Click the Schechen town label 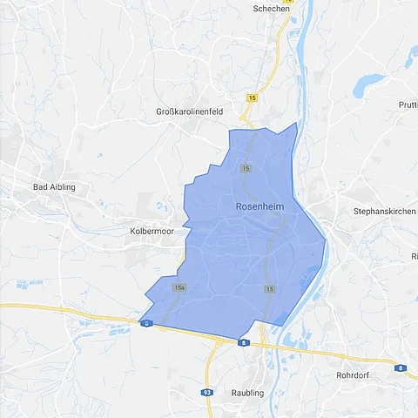point(271,9)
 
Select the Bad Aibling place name point(54,187)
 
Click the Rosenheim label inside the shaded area point(260,206)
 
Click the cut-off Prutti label point(409,105)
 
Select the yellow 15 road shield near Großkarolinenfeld point(252,98)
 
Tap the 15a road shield point(179,287)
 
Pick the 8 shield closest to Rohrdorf point(400,368)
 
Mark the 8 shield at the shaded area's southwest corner point(145,323)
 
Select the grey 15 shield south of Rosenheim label point(270,288)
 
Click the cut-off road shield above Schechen point(289,2)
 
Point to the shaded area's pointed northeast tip point(296,124)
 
